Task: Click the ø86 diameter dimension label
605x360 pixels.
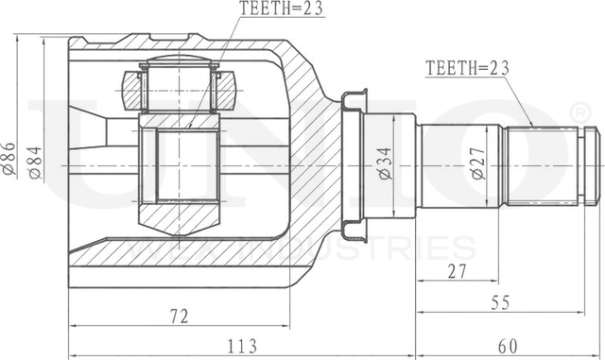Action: tap(10, 155)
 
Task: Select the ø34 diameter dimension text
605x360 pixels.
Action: tap(384, 165)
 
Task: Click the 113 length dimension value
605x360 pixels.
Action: tap(245, 345)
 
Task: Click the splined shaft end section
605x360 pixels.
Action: tap(543, 167)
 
